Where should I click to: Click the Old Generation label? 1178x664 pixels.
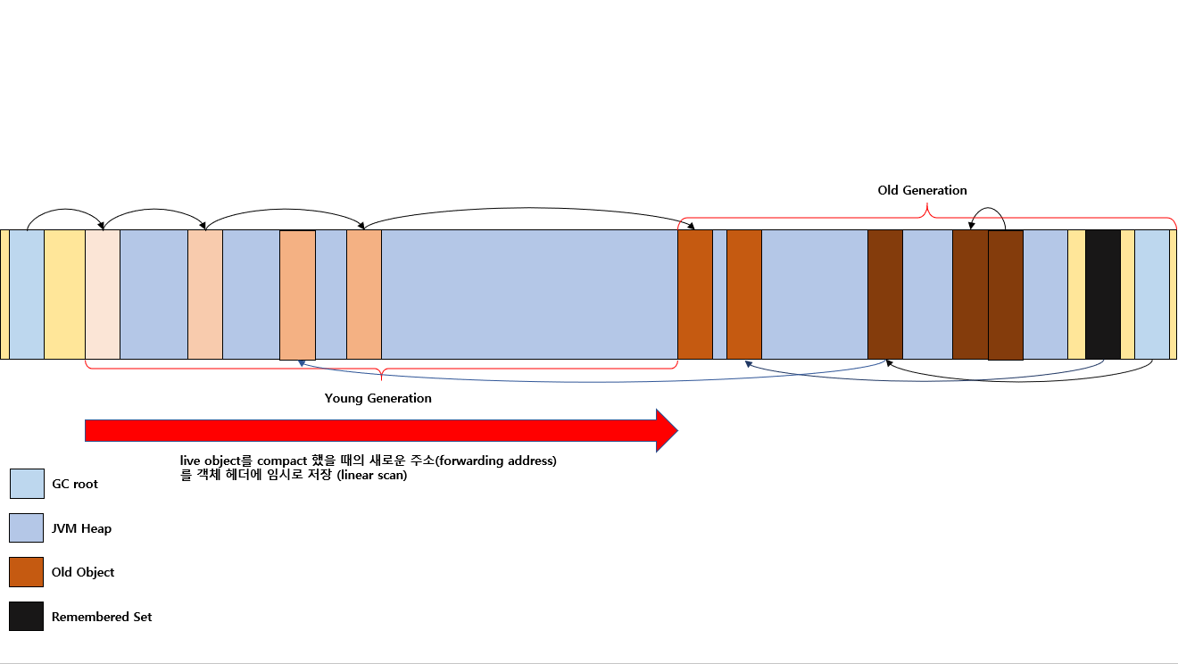point(922,190)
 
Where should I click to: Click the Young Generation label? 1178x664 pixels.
point(377,399)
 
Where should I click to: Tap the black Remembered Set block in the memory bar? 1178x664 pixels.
point(1103,295)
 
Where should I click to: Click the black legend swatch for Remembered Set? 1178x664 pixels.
point(26,616)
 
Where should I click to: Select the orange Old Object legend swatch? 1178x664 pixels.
point(26,572)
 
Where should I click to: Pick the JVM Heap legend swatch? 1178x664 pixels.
point(26,527)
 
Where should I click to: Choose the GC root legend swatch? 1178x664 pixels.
point(27,484)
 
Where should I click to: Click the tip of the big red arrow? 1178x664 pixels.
point(678,430)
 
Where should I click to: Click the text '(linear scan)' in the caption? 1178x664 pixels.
point(372,476)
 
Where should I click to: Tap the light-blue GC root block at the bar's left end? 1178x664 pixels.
point(27,295)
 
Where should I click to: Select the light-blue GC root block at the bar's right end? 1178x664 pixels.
point(1152,295)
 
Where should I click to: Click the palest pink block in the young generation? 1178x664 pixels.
point(103,295)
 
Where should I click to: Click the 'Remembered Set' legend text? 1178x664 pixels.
point(102,617)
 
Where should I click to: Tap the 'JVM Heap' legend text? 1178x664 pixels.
point(81,528)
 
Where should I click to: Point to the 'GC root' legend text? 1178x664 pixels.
point(75,485)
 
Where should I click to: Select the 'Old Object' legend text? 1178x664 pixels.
point(83,572)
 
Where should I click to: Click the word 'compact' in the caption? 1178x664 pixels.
point(282,461)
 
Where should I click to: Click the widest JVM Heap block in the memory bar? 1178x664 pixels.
point(529,295)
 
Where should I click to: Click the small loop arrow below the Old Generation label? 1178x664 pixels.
point(988,208)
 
